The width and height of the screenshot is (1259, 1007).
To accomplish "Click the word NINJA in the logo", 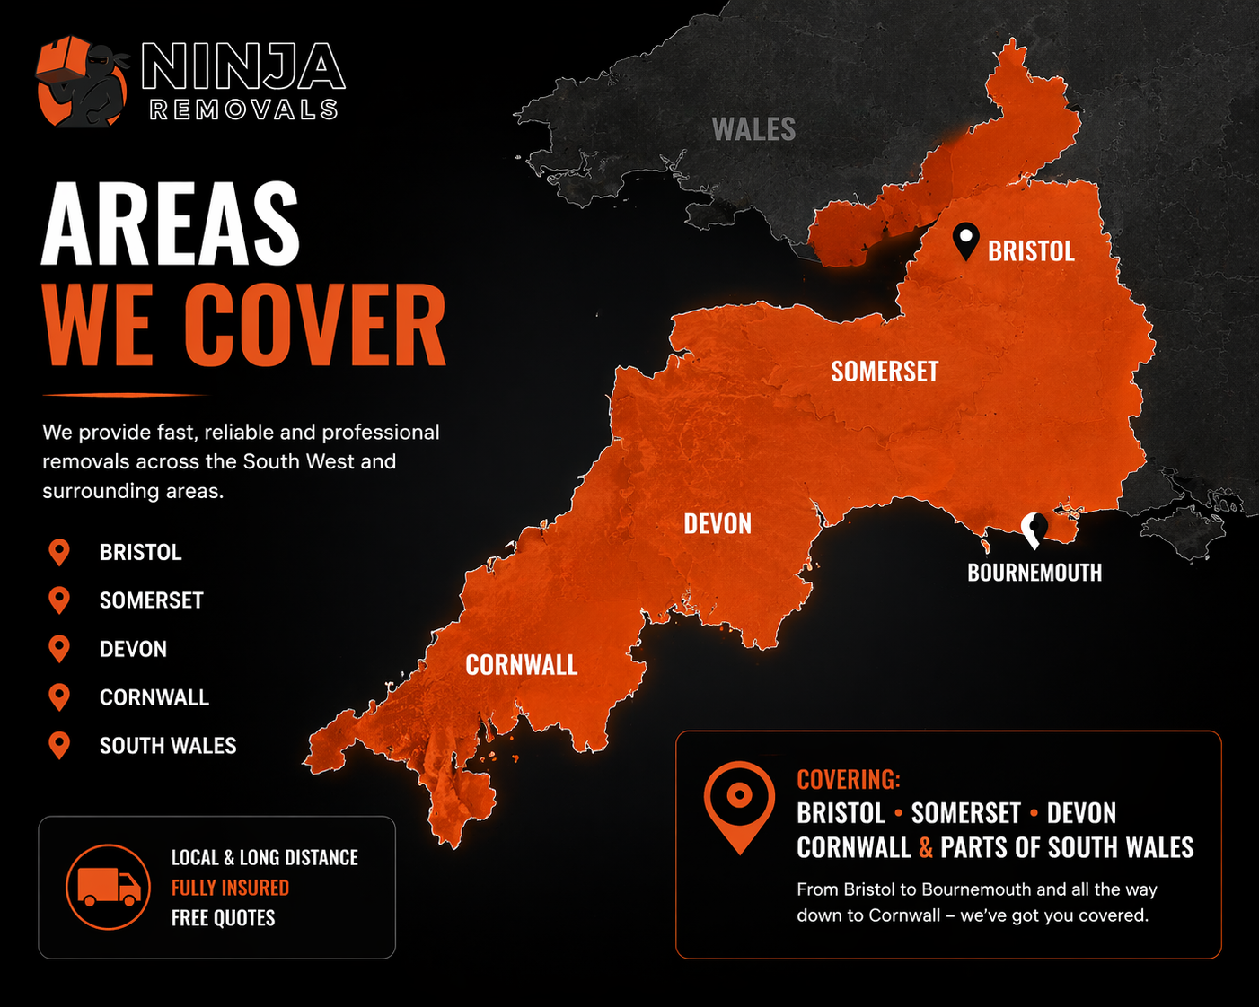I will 243,66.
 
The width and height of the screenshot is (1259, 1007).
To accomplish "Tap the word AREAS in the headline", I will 171,224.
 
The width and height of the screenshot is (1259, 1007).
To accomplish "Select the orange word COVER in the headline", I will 314,326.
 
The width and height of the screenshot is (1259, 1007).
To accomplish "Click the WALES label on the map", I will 753,130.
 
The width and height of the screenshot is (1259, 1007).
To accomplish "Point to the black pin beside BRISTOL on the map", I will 965,241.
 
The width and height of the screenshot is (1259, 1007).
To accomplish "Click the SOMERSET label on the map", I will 885,372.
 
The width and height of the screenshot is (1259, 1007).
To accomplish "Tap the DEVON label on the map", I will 718,524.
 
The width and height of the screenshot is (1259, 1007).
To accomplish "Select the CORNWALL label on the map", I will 521,665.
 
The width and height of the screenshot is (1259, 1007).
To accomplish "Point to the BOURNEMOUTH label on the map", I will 1034,573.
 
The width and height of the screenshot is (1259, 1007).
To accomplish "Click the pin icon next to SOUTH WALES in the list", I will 59,745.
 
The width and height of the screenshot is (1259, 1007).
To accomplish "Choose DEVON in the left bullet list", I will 133,649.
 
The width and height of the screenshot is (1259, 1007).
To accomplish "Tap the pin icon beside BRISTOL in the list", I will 59,552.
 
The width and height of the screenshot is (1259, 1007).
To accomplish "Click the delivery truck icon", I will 109,887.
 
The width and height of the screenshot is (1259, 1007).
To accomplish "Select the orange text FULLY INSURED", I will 230,888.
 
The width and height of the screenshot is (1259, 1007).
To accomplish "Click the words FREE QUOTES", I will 223,918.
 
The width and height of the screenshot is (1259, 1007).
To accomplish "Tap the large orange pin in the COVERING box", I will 739,803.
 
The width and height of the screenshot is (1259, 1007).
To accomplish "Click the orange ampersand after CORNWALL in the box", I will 926,848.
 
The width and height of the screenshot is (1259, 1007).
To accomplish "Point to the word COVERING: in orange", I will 848,779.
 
